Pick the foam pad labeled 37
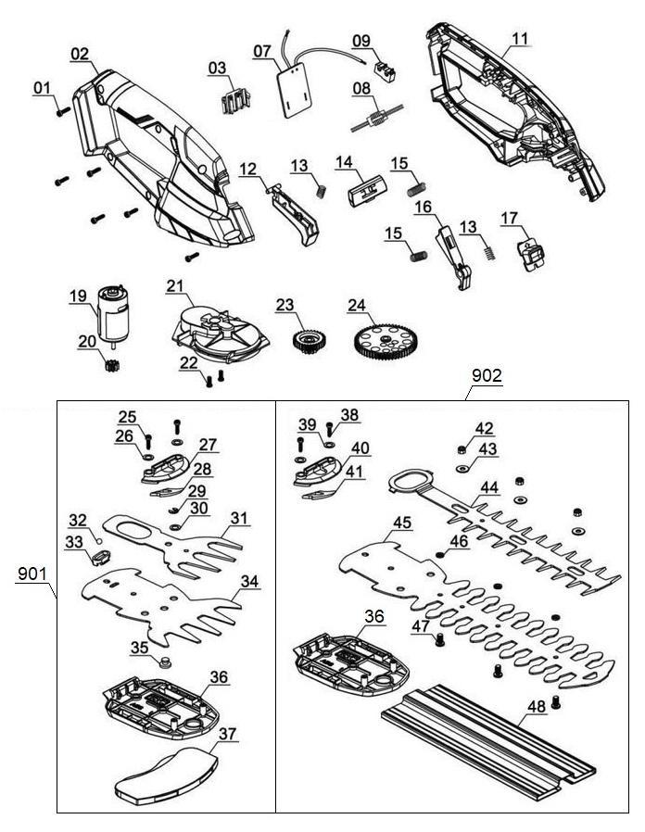pyautogui.click(x=163, y=773)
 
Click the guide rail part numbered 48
pyautogui.click(x=489, y=733)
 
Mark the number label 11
pyautogui.click(x=520, y=39)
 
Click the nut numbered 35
pyautogui.click(x=165, y=661)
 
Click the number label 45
pyautogui.click(x=400, y=523)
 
